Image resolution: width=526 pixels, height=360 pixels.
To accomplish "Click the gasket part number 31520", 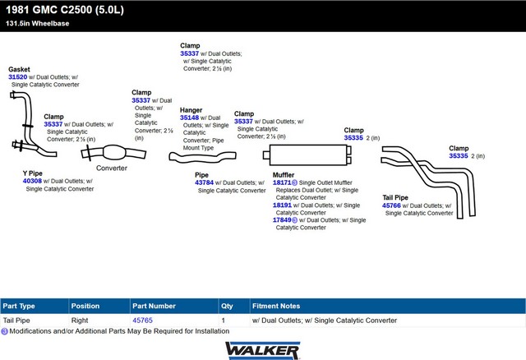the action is tap(18, 77).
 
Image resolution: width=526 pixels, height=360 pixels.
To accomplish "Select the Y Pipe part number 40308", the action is tap(32, 181).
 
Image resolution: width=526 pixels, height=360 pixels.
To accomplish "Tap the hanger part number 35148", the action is tap(189, 118).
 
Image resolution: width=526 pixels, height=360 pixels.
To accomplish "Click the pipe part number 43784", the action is tap(204, 182).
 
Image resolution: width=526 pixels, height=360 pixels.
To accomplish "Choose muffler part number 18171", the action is tap(282, 182).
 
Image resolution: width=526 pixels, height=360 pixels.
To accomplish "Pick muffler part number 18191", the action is tap(282, 205).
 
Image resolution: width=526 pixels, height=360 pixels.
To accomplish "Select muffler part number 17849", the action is tap(282, 220).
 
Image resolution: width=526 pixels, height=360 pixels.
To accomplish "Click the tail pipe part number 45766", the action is tap(391, 205).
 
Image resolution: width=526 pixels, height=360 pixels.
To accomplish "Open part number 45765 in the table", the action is tap(142, 321).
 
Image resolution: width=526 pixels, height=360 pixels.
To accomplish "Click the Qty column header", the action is tap(227, 306).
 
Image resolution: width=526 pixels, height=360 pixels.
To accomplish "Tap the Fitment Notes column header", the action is tap(276, 306).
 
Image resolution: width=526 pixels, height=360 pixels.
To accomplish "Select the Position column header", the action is tap(85, 306).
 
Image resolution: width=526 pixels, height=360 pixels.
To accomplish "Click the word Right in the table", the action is tap(80, 321).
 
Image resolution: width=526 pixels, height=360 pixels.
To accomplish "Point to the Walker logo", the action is tap(263, 351).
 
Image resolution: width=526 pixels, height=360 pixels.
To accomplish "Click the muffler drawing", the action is tap(307, 155).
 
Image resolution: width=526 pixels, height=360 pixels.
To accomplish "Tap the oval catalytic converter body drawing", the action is tap(114, 153).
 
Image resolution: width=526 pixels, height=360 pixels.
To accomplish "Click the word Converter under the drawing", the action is tap(112, 168).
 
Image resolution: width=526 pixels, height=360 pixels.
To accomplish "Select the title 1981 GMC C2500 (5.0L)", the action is tap(65, 10).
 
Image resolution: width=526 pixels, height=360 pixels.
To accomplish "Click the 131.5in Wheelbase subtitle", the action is tap(38, 24).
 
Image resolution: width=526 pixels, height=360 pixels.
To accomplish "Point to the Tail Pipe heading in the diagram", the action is tap(395, 197).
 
